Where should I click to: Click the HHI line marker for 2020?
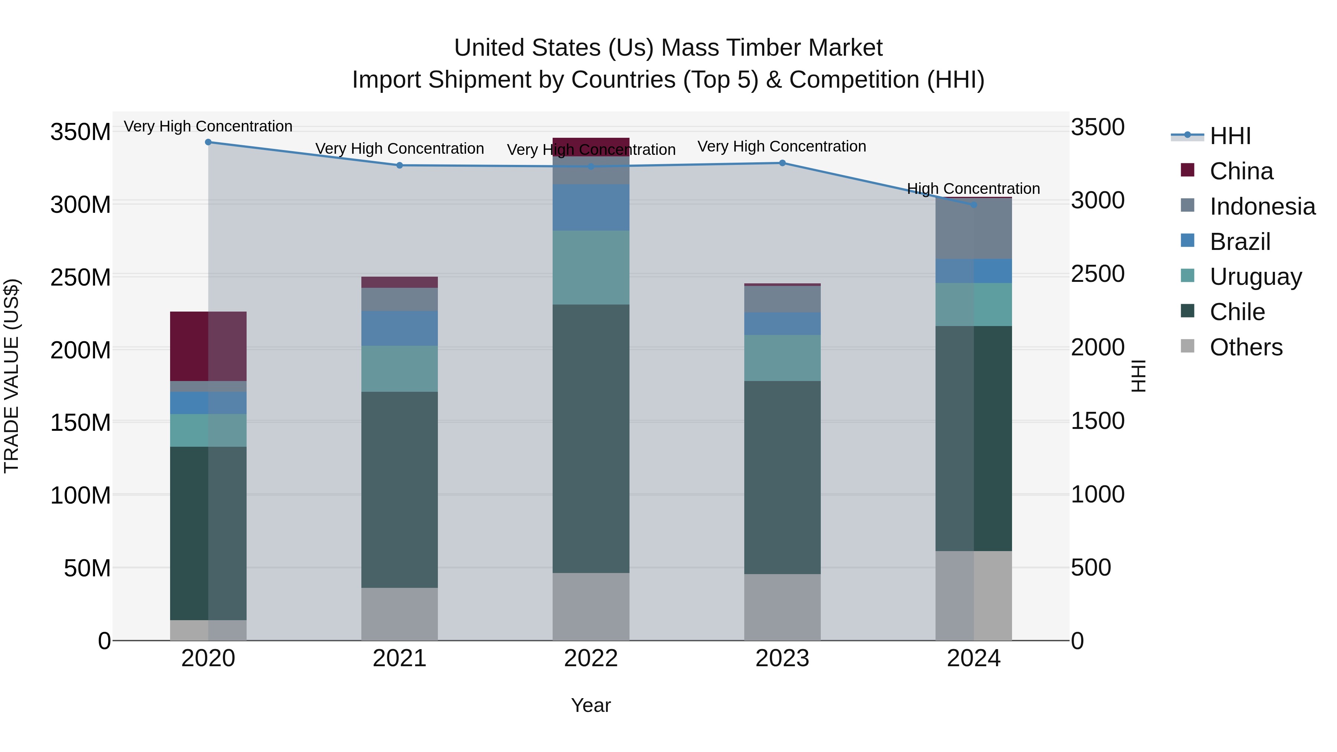pos(208,142)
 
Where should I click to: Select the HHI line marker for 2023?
pos(782,163)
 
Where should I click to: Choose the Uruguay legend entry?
pos(1256,277)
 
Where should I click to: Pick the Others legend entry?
pos(1246,347)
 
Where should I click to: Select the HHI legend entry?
pos(1230,136)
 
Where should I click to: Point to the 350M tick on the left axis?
pos(81,132)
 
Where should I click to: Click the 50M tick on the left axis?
pos(87,568)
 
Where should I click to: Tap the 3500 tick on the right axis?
pos(1098,127)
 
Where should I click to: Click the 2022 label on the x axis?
pos(591,658)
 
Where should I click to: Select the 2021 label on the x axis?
pos(399,658)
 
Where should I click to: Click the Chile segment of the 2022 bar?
pos(591,439)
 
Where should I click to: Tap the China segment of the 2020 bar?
pos(208,346)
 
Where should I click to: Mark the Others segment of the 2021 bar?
pos(399,614)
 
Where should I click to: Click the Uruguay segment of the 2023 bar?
pos(782,358)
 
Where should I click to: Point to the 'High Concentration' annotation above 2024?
pos(973,188)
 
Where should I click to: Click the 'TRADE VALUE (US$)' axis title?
pos(12,376)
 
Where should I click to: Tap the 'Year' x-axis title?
pos(591,705)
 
